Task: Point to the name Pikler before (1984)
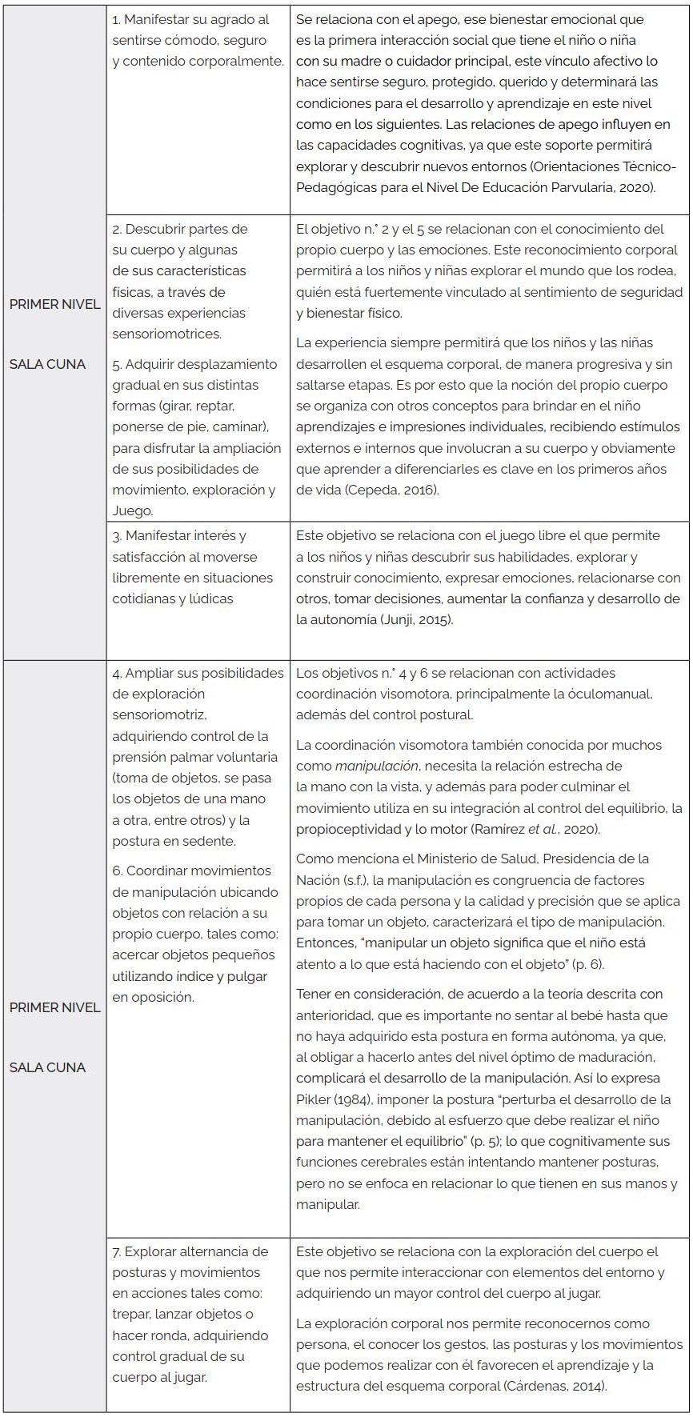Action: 314,1099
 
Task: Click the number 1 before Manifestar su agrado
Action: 116,19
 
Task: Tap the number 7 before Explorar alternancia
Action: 116,1251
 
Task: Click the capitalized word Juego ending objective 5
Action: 132,510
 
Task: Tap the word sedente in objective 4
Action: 211,841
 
